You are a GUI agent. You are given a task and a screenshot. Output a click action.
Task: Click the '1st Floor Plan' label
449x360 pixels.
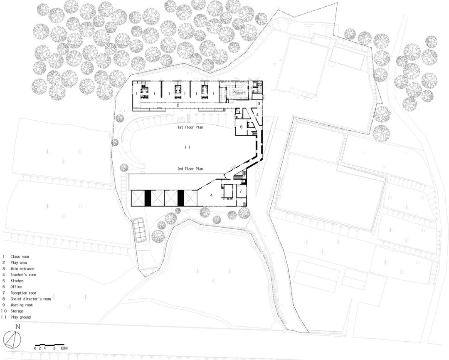190,127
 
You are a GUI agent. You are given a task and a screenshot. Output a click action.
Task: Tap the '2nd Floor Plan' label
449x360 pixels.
190,169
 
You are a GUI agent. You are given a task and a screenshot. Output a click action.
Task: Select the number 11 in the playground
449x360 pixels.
187,147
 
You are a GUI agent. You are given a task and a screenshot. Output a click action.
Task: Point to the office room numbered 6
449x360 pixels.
241,127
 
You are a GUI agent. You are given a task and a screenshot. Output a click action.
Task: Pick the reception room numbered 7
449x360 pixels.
241,191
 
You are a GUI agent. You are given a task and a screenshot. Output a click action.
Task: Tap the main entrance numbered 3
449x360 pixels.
259,104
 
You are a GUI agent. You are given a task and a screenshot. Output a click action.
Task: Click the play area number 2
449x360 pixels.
178,105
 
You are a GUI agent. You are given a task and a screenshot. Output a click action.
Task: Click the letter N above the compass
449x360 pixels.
18,326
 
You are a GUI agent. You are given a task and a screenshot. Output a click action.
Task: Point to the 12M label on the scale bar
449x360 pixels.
64,348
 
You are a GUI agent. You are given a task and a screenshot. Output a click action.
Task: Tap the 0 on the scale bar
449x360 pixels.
35,348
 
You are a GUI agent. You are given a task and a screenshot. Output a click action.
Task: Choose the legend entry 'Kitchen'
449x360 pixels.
17,281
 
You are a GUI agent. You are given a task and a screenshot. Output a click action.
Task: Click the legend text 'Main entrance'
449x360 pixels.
22,269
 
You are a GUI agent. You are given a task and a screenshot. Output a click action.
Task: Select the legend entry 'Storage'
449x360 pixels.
17,311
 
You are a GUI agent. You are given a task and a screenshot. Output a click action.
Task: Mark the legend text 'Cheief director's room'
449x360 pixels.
31,299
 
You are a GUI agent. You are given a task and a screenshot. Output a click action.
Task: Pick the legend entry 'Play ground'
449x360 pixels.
21,317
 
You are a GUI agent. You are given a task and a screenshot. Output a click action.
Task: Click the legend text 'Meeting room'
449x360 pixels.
22,305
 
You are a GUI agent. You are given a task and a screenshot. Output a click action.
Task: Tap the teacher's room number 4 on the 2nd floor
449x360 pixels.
211,195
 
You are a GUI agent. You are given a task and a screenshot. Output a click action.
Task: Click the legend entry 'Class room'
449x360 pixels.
20,256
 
